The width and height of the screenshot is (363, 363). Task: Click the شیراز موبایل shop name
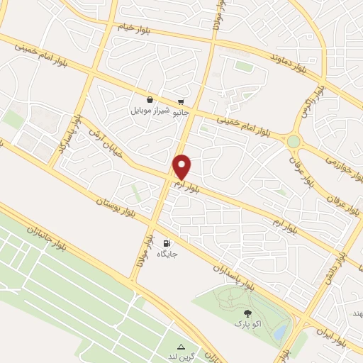coord(149,111)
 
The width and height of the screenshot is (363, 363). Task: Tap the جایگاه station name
coord(168,253)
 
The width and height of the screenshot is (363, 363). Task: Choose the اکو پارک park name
coord(247,323)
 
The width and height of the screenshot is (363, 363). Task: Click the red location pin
coord(182,167)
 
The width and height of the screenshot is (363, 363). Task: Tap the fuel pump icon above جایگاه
coord(168,242)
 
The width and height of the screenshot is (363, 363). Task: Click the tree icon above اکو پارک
coord(247,313)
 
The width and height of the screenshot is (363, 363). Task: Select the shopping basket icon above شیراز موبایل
coord(150,101)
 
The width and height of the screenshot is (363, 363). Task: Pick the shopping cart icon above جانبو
coord(181,101)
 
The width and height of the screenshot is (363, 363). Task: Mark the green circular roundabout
coord(293,142)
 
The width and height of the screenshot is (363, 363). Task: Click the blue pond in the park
coord(281,330)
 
